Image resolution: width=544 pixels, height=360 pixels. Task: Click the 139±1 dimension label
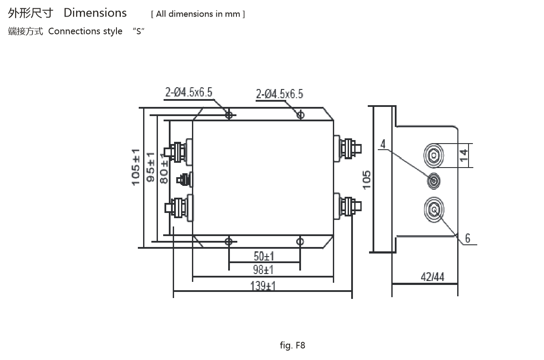[263, 286]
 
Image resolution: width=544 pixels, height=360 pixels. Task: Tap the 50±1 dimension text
[264, 256]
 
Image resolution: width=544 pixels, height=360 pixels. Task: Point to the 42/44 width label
[432, 277]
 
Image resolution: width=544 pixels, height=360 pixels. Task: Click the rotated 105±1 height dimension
[136, 167]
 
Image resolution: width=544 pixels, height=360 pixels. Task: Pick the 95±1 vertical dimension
[151, 167]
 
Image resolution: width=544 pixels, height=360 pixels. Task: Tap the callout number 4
[383, 144]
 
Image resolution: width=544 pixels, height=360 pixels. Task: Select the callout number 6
[468, 238]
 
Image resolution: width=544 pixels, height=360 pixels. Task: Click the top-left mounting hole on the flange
[229, 115]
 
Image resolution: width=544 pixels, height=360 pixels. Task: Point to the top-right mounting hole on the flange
[300, 115]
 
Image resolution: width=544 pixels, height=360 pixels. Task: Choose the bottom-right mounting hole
[300, 241]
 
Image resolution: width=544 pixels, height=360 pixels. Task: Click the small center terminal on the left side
[184, 179]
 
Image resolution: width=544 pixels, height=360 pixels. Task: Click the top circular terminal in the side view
[434, 155]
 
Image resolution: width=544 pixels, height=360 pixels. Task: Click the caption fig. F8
[292, 346]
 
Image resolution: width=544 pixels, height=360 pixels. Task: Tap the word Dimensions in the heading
[95, 13]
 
